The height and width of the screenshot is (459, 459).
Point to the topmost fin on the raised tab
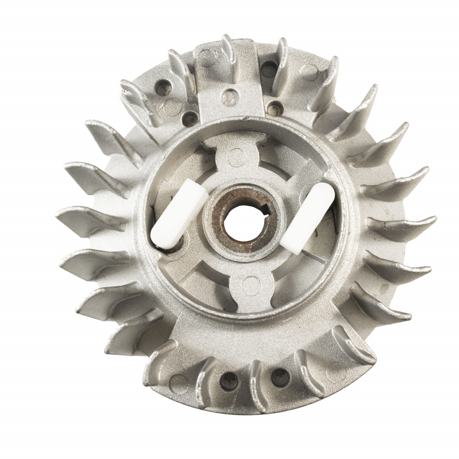[228, 47]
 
